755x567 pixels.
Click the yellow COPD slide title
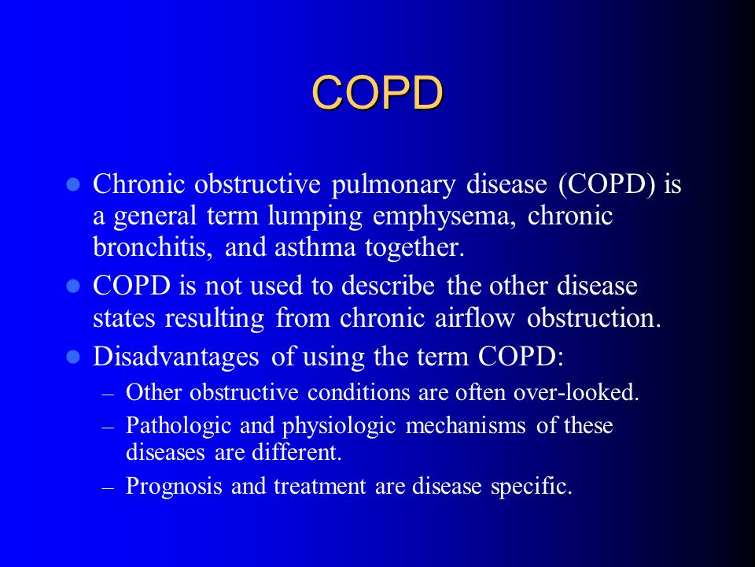tap(377, 92)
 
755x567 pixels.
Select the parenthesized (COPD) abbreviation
tap(606, 184)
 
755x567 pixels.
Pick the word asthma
tap(315, 247)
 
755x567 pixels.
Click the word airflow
tap(475, 318)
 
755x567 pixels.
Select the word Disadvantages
tap(175, 358)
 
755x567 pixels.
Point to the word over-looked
tap(576, 392)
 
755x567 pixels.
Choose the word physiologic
tap(339, 426)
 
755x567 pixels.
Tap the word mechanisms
tap(465, 425)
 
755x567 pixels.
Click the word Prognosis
tap(174, 486)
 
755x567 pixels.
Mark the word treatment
tap(320, 486)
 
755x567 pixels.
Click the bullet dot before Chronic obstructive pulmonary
tap(73, 184)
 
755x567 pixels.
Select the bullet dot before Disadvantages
tap(73, 358)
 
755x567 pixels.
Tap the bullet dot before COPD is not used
tap(73, 287)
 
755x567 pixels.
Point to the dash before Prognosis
tap(109, 488)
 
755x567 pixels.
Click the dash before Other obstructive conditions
tap(109, 395)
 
